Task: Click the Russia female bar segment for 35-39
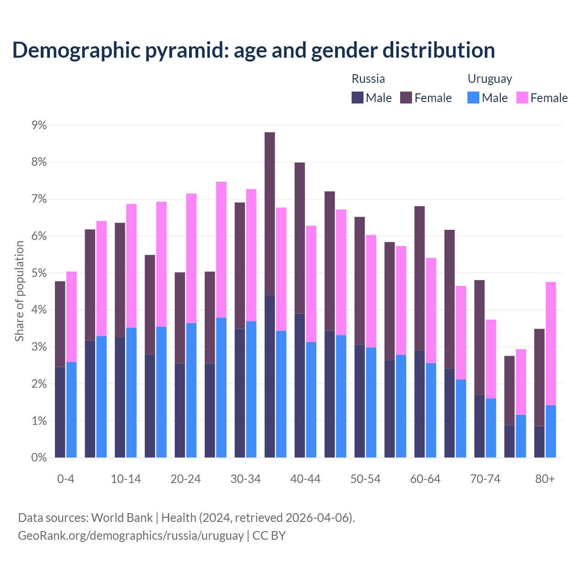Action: click(x=270, y=213)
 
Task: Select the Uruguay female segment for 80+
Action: click(x=551, y=343)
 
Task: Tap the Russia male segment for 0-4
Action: click(x=60, y=412)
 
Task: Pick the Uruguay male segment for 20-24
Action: click(x=191, y=390)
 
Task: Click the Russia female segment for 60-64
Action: click(x=419, y=278)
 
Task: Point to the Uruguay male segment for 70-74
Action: click(x=491, y=428)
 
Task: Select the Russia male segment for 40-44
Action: click(x=300, y=385)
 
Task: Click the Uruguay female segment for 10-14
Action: click(x=131, y=266)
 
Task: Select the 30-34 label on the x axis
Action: click(x=245, y=479)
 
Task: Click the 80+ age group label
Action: click(x=545, y=479)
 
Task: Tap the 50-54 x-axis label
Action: click(x=365, y=479)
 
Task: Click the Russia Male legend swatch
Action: click(x=358, y=98)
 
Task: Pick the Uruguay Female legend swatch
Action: click(x=522, y=98)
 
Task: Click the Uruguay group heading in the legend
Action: click(x=489, y=79)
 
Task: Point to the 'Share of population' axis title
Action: click(x=20, y=291)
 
